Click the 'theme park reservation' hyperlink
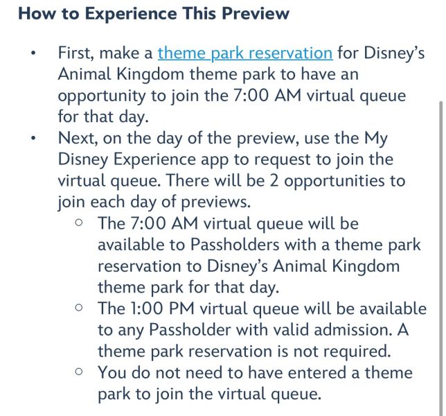[245, 53]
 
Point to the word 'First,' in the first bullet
[76, 53]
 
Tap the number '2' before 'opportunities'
[274, 181]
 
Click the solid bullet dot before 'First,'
[33, 53]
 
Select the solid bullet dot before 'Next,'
[33, 139]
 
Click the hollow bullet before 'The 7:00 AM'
[79, 223]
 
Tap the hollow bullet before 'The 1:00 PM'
[79, 308]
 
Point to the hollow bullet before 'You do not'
[79, 372]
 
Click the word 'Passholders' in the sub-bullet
[234, 245]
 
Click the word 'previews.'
[216, 202]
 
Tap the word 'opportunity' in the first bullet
[102, 96]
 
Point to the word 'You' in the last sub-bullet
[112, 373]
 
